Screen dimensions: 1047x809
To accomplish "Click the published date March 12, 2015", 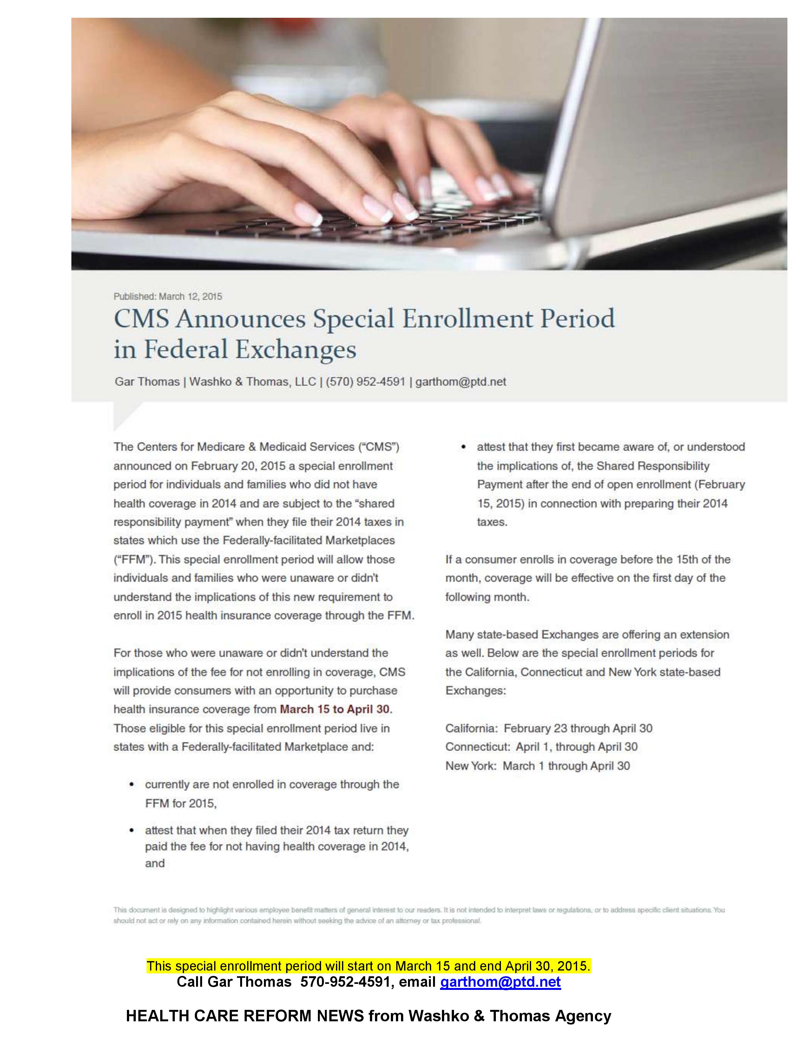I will tap(190, 296).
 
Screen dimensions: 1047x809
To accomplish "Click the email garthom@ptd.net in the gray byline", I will tap(461, 382).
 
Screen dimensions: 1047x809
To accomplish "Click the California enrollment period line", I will tap(549, 728).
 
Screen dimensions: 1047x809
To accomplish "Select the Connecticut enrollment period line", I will tap(541, 747).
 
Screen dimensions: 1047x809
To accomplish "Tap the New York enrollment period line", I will tap(537, 766).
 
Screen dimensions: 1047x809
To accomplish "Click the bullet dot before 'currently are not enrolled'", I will tap(131, 785).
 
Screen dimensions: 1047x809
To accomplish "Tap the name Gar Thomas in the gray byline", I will tap(147, 382).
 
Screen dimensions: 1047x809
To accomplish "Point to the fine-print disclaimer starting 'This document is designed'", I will tap(418, 915).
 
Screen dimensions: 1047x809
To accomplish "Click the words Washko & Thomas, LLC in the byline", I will tap(253, 382).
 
